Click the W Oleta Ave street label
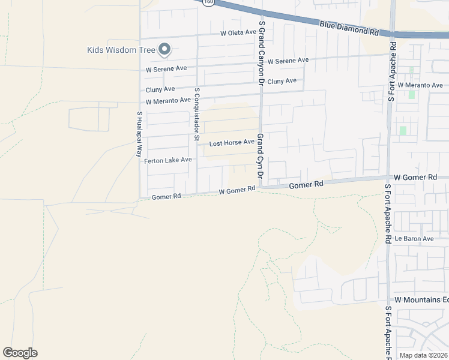coord(238,33)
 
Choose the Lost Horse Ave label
coord(232,143)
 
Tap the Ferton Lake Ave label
coord(167,160)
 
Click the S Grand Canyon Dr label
coord(261,52)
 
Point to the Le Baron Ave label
coord(414,239)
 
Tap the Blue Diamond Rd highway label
coord(349,28)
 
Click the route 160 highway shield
coord(208,2)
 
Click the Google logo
coord(20,353)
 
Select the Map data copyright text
coord(423,355)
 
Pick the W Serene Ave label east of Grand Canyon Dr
coord(288,61)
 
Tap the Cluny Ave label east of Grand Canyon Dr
coord(282,81)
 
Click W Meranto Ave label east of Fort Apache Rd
coord(424,85)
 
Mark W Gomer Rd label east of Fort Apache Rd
coord(415,178)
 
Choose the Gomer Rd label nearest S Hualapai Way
coord(166,197)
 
